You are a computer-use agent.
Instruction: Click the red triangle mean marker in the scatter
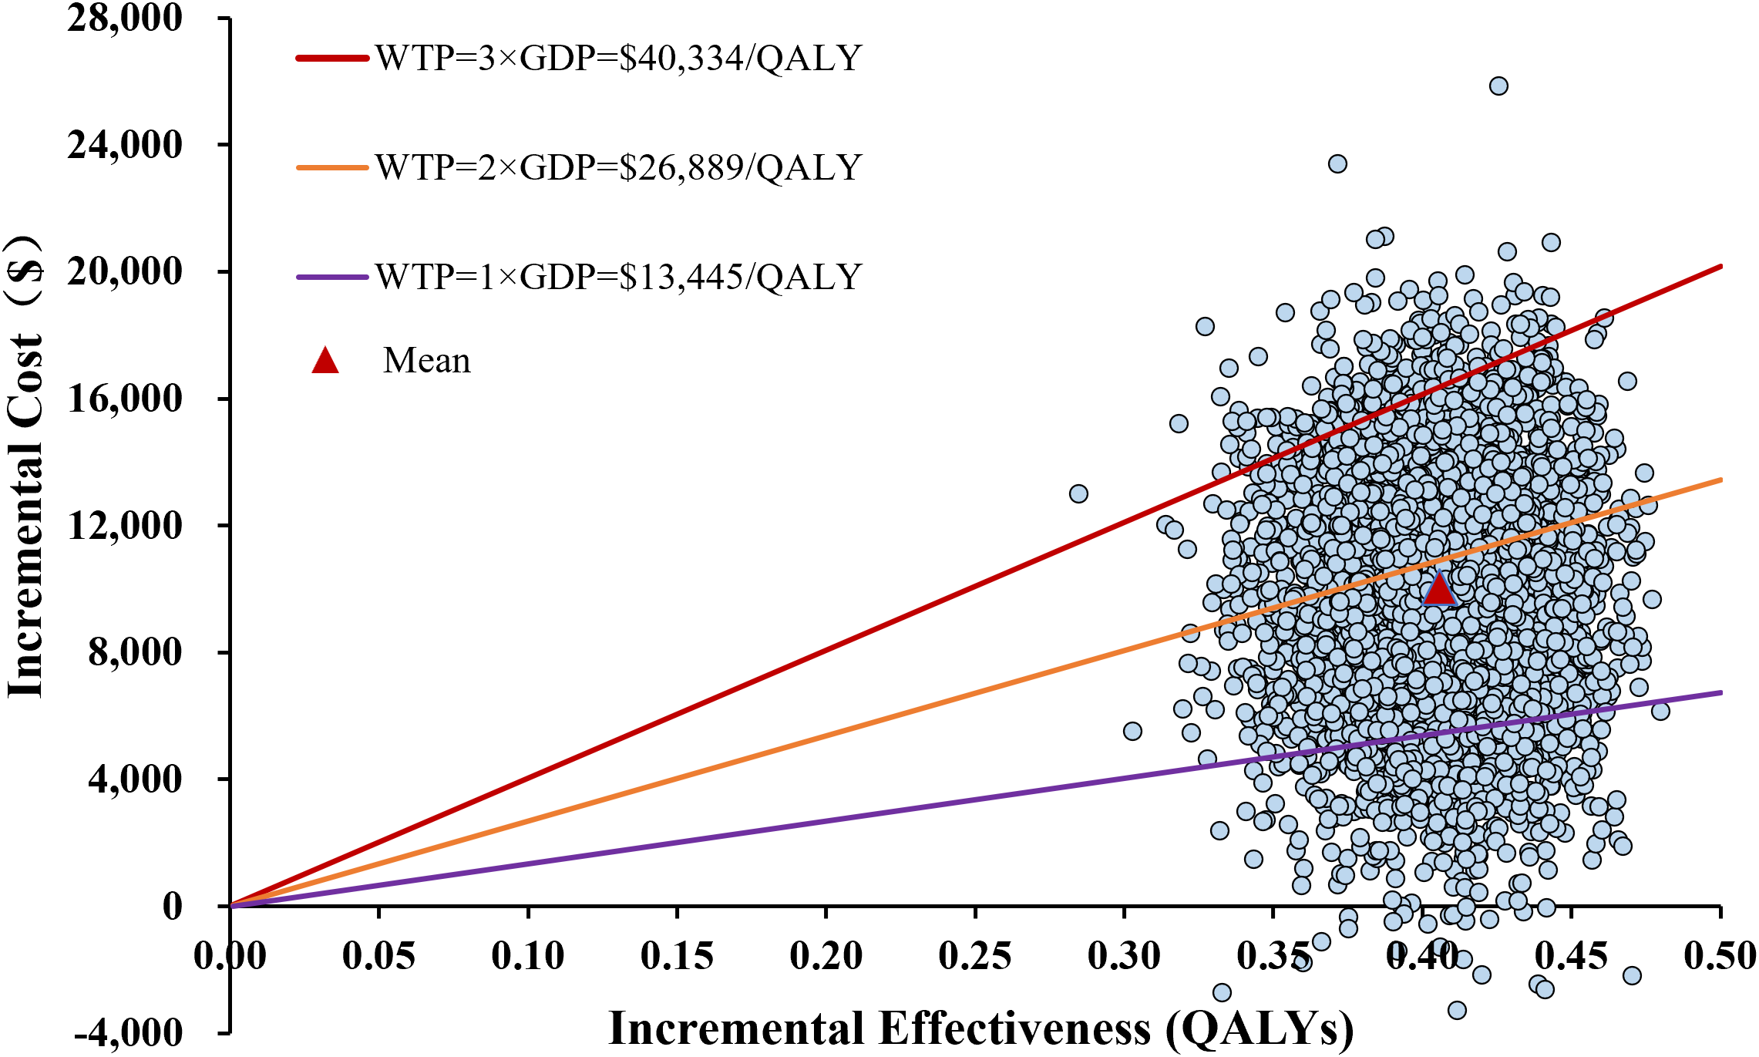point(1438,590)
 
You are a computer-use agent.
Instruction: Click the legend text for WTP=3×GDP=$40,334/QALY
point(618,59)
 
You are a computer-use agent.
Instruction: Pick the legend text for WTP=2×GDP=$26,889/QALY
point(618,168)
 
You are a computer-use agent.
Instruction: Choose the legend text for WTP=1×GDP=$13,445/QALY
point(618,277)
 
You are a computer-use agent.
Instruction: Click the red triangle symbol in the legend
point(325,361)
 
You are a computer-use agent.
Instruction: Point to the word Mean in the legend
point(426,361)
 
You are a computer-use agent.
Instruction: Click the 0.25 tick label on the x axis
point(975,956)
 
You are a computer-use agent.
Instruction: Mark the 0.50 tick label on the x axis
point(1720,956)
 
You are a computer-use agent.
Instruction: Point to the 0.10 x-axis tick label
point(528,956)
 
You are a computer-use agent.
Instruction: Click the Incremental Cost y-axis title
point(25,478)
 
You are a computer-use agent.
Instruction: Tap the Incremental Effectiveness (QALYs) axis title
point(980,1029)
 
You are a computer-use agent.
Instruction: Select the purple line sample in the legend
point(332,277)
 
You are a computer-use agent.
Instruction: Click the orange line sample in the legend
point(332,167)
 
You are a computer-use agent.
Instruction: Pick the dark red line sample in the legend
point(332,58)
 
